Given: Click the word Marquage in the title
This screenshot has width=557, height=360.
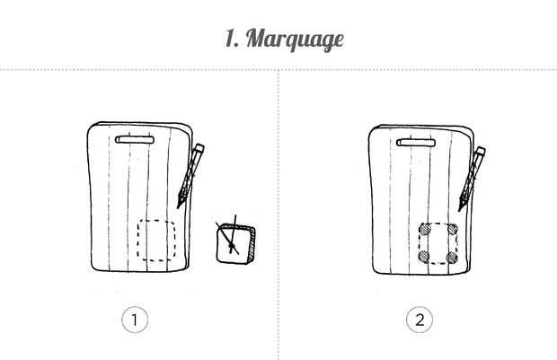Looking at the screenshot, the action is pyautogui.click(x=295, y=40).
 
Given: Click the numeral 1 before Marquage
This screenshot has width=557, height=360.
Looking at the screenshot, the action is pyautogui.click(x=232, y=39).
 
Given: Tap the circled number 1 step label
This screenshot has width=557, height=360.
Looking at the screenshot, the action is pyautogui.click(x=135, y=320).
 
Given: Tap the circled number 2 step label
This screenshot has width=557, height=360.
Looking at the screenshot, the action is pyautogui.click(x=420, y=320).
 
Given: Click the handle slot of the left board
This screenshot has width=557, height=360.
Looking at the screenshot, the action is pyautogui.click(x=135, y=140).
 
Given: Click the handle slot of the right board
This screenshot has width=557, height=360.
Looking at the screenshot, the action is pyautogui.click(x=416, y=143).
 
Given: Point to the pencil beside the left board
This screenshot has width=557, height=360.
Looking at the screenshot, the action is pyautogui.click(x=190, y=175).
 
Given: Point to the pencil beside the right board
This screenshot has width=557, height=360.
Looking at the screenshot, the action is pyautogui.click(x=472, y=179).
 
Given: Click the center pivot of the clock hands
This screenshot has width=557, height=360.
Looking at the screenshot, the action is pyautogui.click(x=232, y=246).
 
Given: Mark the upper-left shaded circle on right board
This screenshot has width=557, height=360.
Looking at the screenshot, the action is pyautogui.click(x=425, y=230).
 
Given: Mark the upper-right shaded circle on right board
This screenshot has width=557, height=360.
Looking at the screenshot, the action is pyautogui.click(x=452, y=229).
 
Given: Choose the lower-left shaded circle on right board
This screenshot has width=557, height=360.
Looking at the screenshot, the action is pyautogui.click(x=424, y=257).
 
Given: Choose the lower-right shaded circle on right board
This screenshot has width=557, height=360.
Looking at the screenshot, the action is pyautogui.click(x=452, y=258).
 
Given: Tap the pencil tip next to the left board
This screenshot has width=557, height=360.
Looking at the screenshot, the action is pyautogui.click(x=178, y=207).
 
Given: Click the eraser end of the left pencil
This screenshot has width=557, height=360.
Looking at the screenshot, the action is pyautogui.click(x=199, y=148).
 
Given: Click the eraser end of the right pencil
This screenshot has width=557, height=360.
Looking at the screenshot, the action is pyautogui.click(x=481, y=151).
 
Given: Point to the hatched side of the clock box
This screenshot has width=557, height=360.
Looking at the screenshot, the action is pyautogui.click(x=252, y=246).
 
